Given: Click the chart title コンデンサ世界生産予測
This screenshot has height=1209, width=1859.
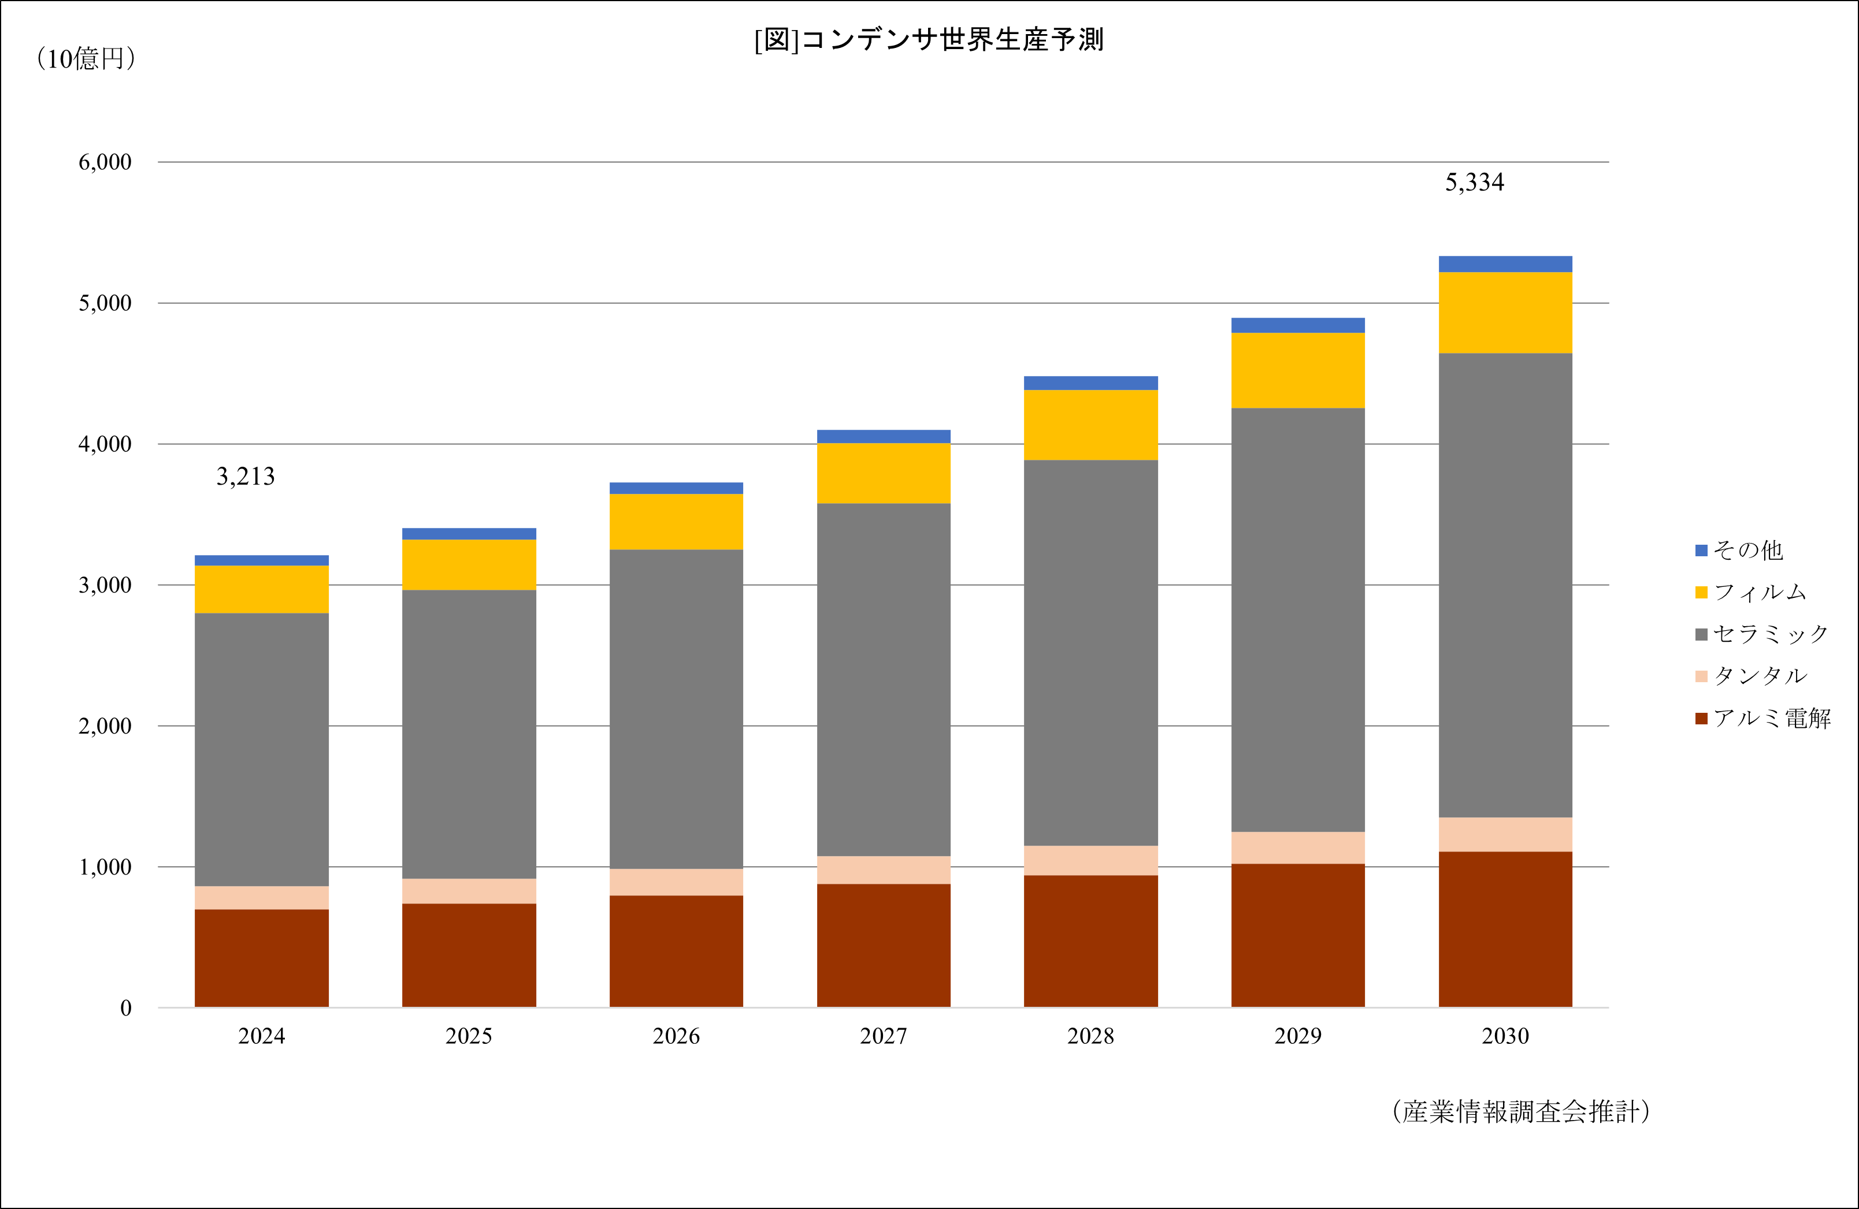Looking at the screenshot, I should pos(929,40).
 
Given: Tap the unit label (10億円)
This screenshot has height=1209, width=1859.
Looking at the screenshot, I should pos(86,58).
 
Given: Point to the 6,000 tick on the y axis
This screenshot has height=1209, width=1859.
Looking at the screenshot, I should pos(105,162).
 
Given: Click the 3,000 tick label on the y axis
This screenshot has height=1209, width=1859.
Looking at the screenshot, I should pos(105,585).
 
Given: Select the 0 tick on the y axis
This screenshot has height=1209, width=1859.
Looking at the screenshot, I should pos(125,1007).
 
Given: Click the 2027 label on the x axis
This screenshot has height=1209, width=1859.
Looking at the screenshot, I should pos(884,1036).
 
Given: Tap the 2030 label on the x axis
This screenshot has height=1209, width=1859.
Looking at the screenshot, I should pos(1505,1036).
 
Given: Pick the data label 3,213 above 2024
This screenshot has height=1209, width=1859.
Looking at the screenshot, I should pos(245,477).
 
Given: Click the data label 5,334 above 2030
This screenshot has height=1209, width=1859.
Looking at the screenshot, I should pos(1474,183).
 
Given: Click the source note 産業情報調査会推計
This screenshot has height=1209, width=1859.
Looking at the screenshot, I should pos(1521,1111).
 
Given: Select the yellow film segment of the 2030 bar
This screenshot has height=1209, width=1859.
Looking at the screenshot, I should pos(1505,313).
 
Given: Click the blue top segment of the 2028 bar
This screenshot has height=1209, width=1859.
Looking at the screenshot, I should pos(1090,383).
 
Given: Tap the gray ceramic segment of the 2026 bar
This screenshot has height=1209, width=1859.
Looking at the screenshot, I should pos(676,709).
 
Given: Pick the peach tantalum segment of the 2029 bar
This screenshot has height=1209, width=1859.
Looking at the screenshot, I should pos(1297,847).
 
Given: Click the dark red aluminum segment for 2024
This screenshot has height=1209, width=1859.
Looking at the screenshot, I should pos(262,958).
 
